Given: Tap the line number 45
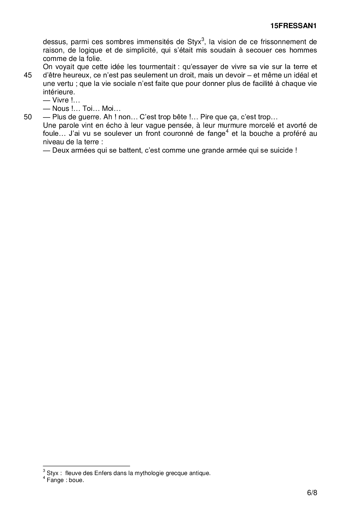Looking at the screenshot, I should click(x=28, y=75).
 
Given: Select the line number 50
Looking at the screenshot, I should click(x=28, y=117).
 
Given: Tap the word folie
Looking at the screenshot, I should click(x=93, y=58).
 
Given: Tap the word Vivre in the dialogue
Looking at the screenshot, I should click(x=60, y=100).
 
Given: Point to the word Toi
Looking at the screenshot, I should click(x=88, y=109).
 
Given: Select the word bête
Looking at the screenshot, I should click(x=179, y=117).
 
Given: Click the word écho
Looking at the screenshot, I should click(x=106, y=126).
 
